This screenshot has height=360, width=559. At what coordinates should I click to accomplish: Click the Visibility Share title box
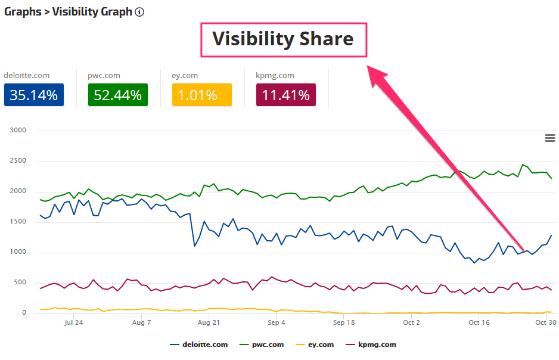[283, 40]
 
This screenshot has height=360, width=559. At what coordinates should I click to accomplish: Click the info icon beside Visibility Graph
[139, 12]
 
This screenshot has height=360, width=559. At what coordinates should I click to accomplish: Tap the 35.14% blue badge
[33, 95]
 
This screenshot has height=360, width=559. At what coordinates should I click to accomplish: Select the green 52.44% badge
[117, 95]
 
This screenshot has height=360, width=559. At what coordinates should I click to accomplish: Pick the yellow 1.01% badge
[201, 95]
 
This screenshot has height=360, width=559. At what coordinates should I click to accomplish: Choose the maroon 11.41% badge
[285, 95]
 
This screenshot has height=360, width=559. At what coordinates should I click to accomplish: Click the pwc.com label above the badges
[104, 76]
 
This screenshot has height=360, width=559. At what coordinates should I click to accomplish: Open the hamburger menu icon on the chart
[549, 138]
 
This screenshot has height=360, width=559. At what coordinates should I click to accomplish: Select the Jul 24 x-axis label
[73, 322]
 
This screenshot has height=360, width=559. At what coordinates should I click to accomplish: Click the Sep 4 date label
[277, 322]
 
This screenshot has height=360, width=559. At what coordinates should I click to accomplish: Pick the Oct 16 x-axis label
[479, 322]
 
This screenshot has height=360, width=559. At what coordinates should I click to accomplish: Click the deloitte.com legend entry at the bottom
[199, 345]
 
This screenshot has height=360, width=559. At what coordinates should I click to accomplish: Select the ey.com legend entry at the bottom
[316, 345]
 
